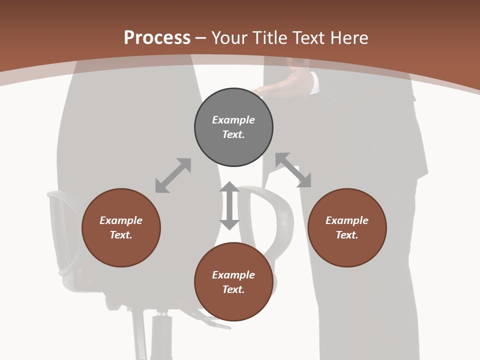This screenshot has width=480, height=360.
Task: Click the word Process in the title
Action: [157, 37]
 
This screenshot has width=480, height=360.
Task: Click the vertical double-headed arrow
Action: [229, 205]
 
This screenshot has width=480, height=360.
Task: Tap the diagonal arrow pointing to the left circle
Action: [173, 175]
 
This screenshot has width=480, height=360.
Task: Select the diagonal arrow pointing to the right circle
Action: [293, 170]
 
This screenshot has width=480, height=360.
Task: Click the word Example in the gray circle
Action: [233, 120]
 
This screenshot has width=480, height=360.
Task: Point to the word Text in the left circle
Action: [121, 235]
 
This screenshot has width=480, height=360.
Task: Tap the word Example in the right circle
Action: [347, 220]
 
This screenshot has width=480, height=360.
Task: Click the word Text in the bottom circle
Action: [233, 289]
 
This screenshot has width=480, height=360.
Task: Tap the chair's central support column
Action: [161, 335]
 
